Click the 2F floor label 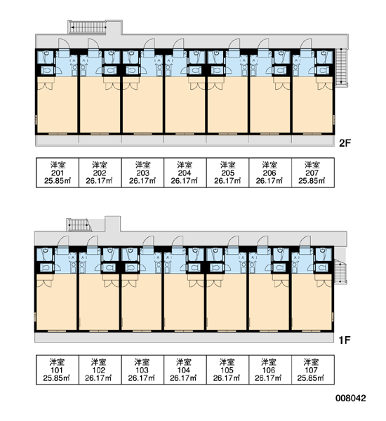(x=345, y=143)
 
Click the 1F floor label (x=345, y=340)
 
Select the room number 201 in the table (x=58, y=173)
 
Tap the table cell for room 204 (x=185, y=173)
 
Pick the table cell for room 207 (x=313, y=173)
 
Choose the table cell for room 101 (x=58, y=370)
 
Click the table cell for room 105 (x=227, y=370)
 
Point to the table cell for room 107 (x=313, y=370)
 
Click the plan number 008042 (x=350, y=398)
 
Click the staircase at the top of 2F (x=88, y=27)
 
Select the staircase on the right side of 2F (x=342, y=67)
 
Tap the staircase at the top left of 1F (x=79, y=225)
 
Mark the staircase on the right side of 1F (x=340, y=270)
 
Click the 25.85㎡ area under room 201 (x=58, y=181)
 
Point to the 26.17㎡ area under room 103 (x=142, y=378)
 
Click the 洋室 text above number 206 (x=269, y=165)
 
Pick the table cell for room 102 (x=100, y=370)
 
